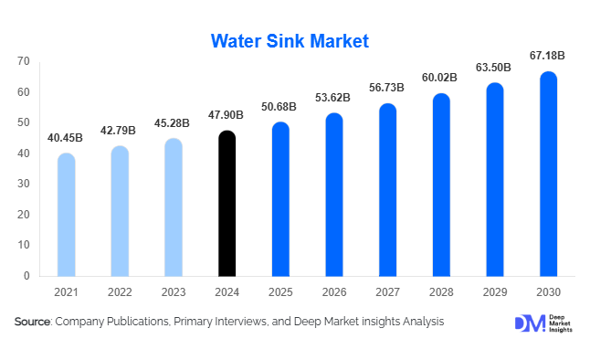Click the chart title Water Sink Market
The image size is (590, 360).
290,41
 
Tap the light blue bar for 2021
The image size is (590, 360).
66,215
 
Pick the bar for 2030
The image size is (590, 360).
548,174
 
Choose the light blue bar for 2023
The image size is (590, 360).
174,207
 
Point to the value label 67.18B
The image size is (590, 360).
547,57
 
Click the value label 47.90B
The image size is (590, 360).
227,116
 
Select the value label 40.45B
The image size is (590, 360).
66,138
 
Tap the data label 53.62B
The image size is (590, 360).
333,99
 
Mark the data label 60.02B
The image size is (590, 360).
440,79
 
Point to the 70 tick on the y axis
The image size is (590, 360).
23,61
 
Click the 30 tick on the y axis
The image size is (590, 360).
23,184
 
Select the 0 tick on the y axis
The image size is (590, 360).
26,276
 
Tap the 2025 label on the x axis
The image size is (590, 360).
280,292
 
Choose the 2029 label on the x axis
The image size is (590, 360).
494,292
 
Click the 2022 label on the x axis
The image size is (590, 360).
120,292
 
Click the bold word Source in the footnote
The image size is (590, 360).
32,322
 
